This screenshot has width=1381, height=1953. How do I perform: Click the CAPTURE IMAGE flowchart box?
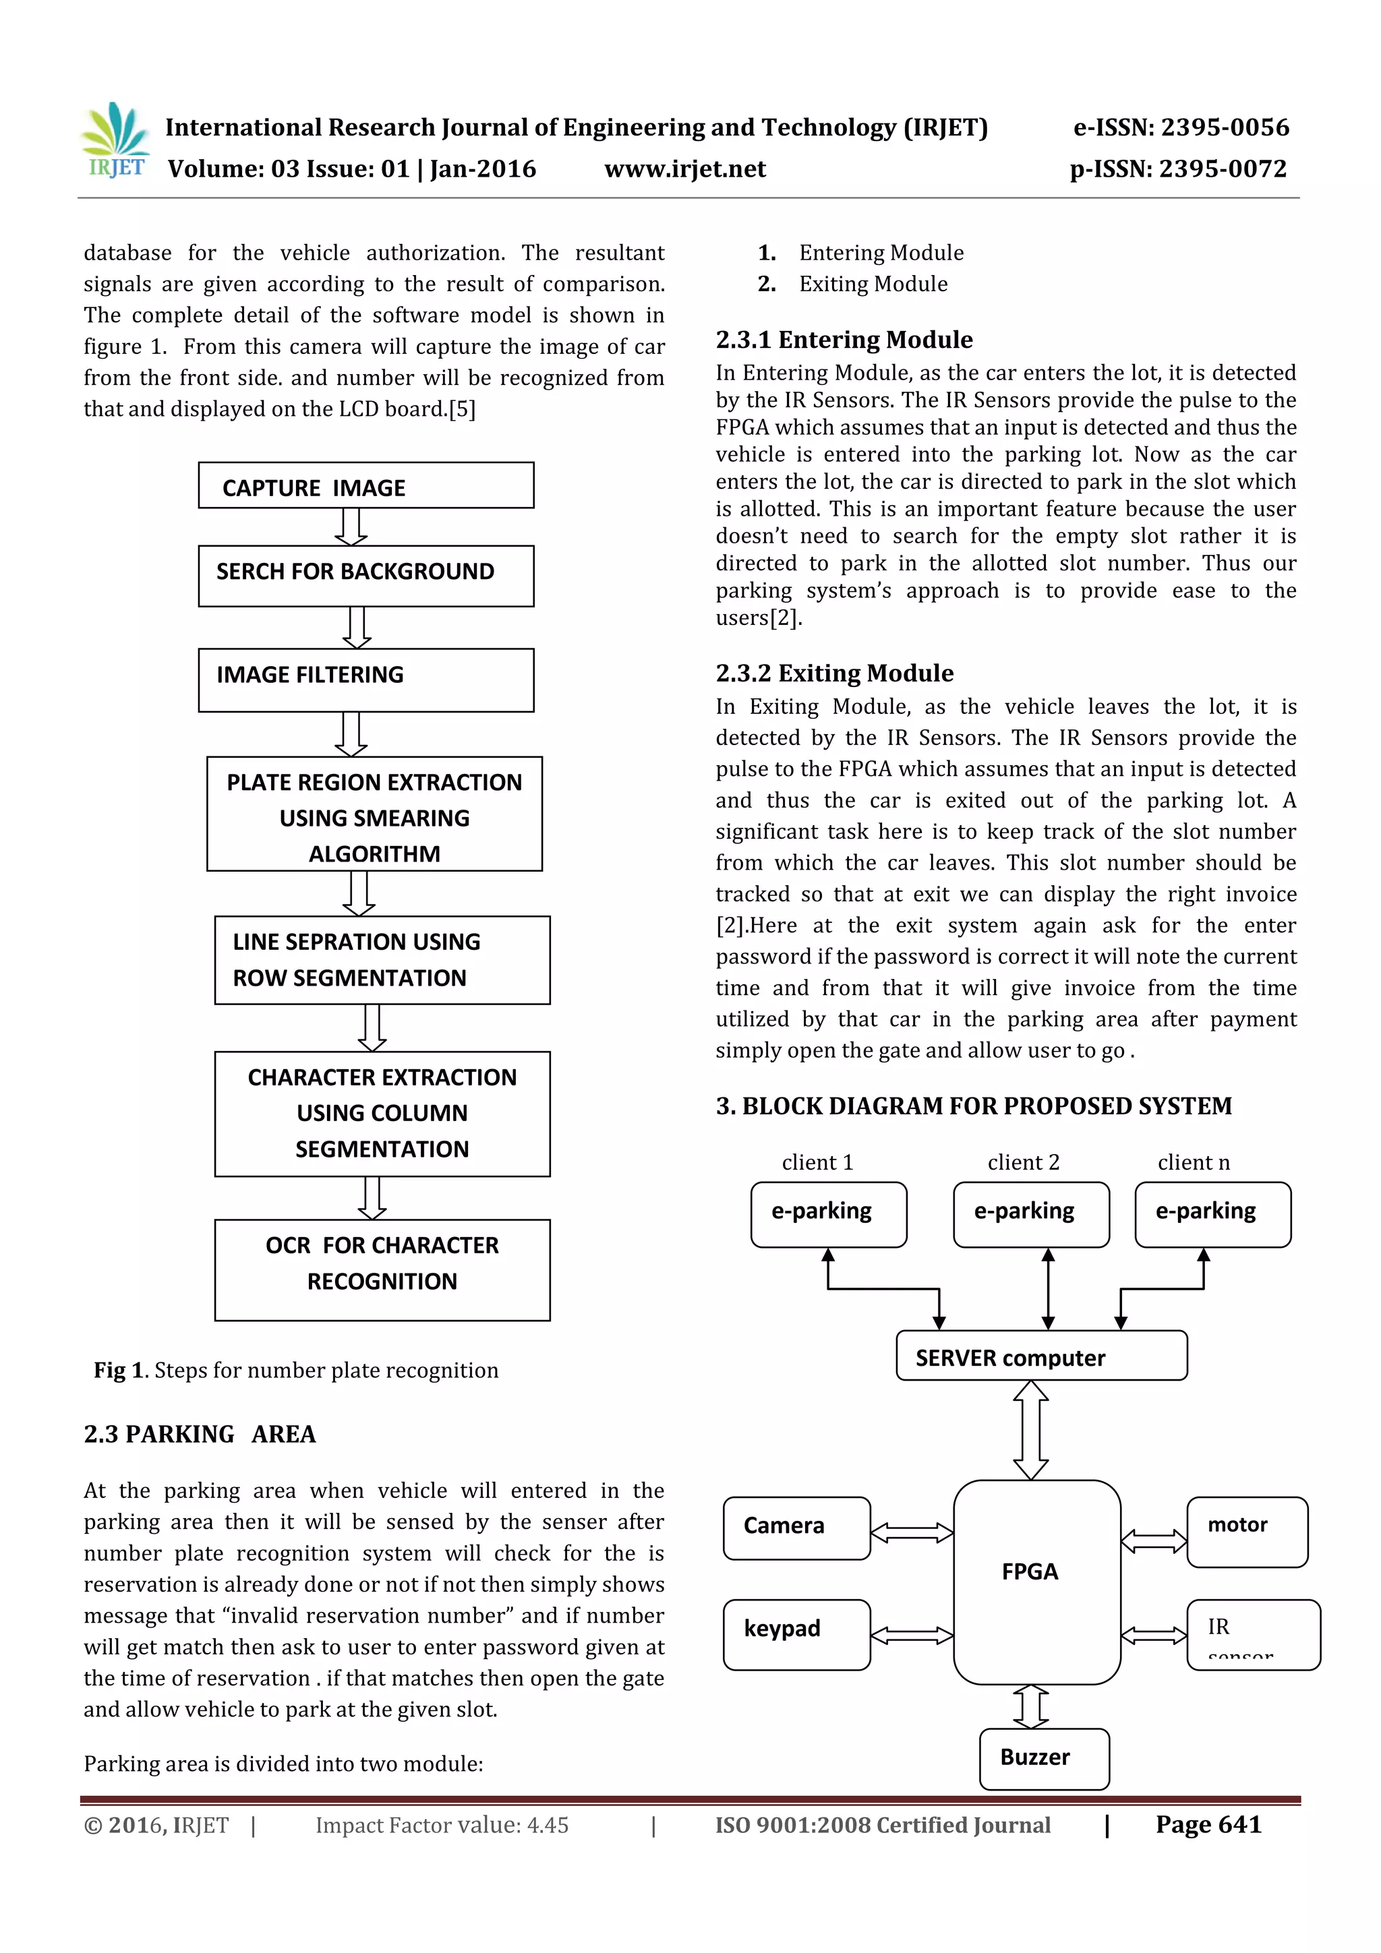pos(366,485)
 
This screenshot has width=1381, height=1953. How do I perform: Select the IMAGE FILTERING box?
pos(366,680)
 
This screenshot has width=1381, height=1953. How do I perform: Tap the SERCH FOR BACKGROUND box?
pos(366,576)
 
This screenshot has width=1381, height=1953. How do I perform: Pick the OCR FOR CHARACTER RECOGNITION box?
pos(382,1269)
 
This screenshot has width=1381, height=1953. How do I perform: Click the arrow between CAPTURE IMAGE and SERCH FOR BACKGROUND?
pos(351,527)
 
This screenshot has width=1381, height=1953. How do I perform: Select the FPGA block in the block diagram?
pos(1036,1582)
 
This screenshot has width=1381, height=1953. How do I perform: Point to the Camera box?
pos(796,1528)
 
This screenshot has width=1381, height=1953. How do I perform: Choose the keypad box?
pos(796,1634)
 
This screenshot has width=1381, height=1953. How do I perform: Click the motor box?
pos(1247,1531)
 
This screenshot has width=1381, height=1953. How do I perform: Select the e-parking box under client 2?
pos(1030,1214)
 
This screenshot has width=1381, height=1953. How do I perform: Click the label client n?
pos(1193,1162)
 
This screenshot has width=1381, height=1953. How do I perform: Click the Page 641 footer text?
pos(1208,1824)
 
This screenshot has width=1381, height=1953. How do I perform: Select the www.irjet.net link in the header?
pos(684,169)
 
